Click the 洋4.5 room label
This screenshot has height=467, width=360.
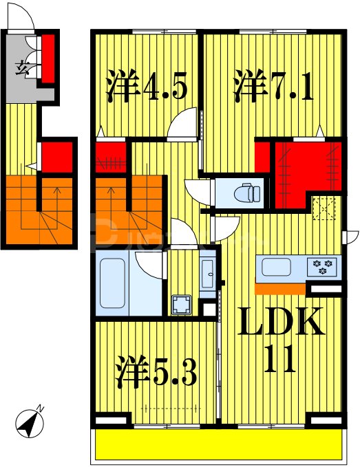[146, 87]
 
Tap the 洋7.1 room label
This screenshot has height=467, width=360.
[273, 87]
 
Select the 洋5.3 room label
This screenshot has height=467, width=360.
[156, 373]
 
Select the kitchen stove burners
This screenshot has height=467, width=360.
[324, 265]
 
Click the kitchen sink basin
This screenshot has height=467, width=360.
[275, 265]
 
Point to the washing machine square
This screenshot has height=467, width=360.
[182, 305]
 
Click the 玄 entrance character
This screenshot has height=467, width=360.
[23, 67]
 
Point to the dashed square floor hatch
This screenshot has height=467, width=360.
[323, 208]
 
